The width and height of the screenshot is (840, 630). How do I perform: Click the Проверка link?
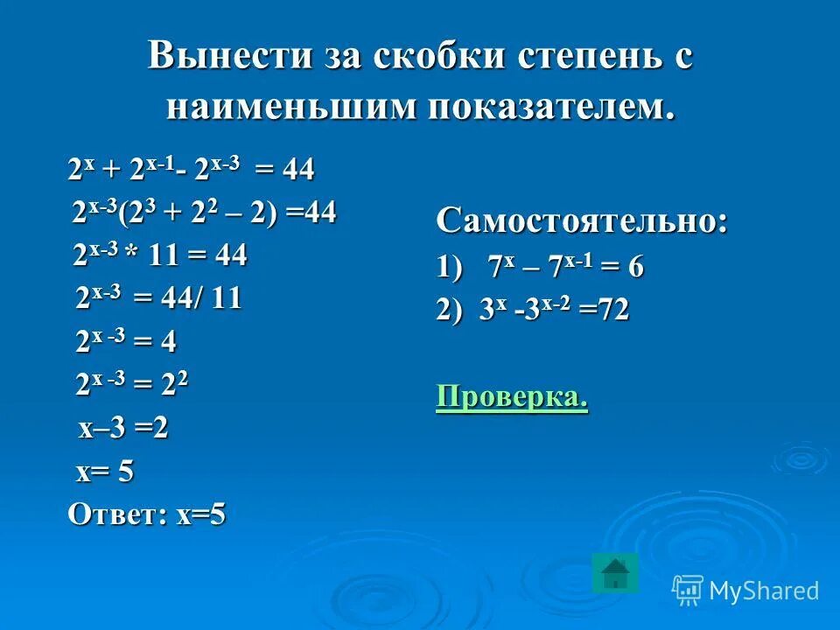[512, 396]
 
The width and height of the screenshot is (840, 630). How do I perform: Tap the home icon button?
[615, 572]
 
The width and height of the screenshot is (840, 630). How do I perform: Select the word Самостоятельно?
[582, 220]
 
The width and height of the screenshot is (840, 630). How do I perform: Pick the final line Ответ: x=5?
[147, 514]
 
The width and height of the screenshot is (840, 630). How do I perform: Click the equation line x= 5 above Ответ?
[105, 472]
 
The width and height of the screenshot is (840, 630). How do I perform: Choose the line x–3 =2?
[123, 429]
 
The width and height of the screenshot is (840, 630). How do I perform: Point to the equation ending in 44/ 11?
[158, 299]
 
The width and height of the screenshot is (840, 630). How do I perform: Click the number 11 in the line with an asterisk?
[164, 256]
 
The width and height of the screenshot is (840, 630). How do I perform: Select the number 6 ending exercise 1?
[635, 267]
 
